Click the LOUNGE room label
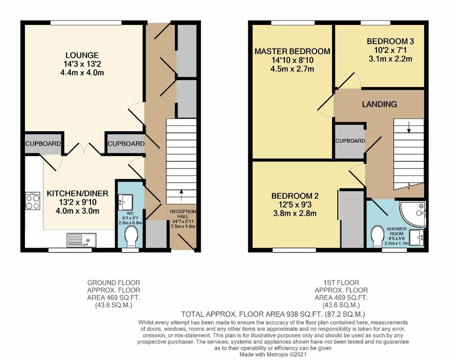tap(82, 55)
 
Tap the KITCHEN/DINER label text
tap(77, 193)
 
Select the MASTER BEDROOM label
tap(292, 52)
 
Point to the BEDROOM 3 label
tap(390, 41)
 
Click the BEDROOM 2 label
tap(295, 196)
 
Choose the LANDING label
tap(379, 104)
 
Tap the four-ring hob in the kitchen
tap(32, 200)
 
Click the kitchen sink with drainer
tap(82, 240)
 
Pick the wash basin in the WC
tap(125, 202)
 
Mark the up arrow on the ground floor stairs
tap(182, 195)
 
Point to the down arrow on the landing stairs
tap(409, 127)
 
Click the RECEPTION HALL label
tap(183, 214)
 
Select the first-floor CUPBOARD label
tap(350, 141)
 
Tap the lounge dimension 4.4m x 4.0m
tap(82, 72)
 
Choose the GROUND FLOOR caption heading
tap(114, 283)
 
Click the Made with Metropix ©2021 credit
tap(273, 355)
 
